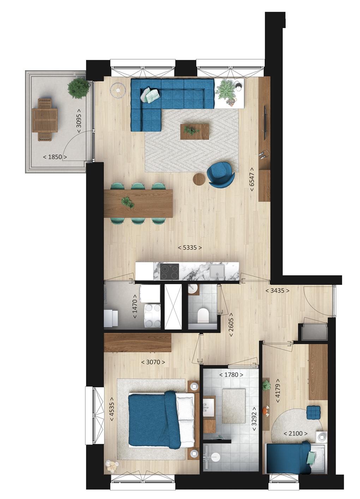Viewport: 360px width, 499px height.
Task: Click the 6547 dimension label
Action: (252, 179)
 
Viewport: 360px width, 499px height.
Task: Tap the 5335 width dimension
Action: (190, 248)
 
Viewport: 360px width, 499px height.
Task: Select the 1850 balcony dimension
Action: (55, 157)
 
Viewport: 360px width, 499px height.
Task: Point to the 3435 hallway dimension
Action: (277, 291)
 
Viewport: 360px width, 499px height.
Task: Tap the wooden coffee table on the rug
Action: (194, 132)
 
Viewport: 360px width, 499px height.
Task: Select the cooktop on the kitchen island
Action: (169, 272)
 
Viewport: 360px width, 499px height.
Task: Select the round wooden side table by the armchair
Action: (199, 179)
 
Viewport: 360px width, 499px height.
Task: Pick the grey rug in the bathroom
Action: (234, 406)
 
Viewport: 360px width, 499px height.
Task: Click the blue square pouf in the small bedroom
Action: (313, 412)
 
